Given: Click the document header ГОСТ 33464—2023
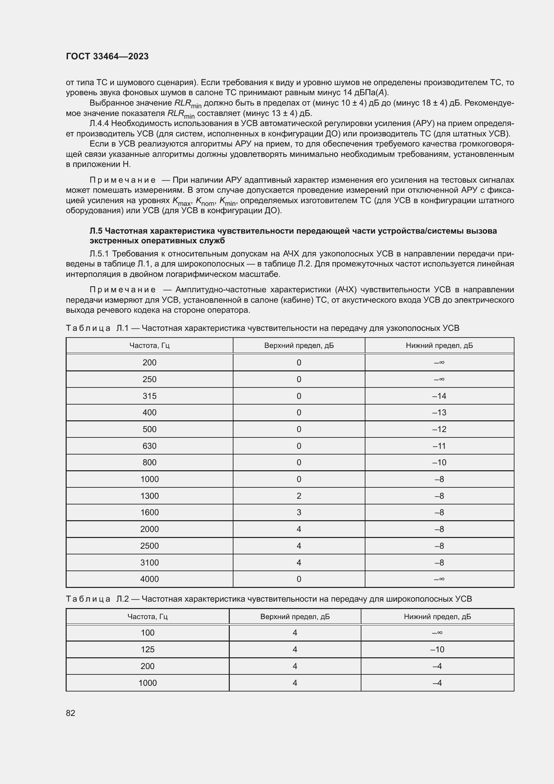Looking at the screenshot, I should (x=107, y=56).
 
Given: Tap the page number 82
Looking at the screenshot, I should (x=71, y=713).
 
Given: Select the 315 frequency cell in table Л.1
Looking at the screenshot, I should (x=149, y=396).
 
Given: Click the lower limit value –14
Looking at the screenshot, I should (x=439, y=396).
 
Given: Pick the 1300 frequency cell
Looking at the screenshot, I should (x=149, y=496).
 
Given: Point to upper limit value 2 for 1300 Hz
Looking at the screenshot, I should (x=299, y=496).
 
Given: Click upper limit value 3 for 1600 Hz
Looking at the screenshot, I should (x=299, y=512).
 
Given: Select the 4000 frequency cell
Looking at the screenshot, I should (x=149, y=579).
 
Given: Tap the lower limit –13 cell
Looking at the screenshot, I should (x=439, y=413).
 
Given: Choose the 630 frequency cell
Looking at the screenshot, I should (x=149, y=446).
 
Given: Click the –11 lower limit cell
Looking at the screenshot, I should (x=439, y=446).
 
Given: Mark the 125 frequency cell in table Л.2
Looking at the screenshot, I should (x=148, y=649).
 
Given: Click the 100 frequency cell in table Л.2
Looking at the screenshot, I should (x=148, y=633).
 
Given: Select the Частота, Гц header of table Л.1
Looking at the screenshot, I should (x=149, y=345).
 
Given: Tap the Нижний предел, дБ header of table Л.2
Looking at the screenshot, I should (x=437, y=616).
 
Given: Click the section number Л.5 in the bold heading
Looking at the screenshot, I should (x=96, y=231).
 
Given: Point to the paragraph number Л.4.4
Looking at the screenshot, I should (x=99, y=123).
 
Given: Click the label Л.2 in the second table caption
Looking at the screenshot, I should (x=123, y=599).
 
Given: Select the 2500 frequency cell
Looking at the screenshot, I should (x=149, y=546).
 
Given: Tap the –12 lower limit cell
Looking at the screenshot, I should (x=439, y=429).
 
